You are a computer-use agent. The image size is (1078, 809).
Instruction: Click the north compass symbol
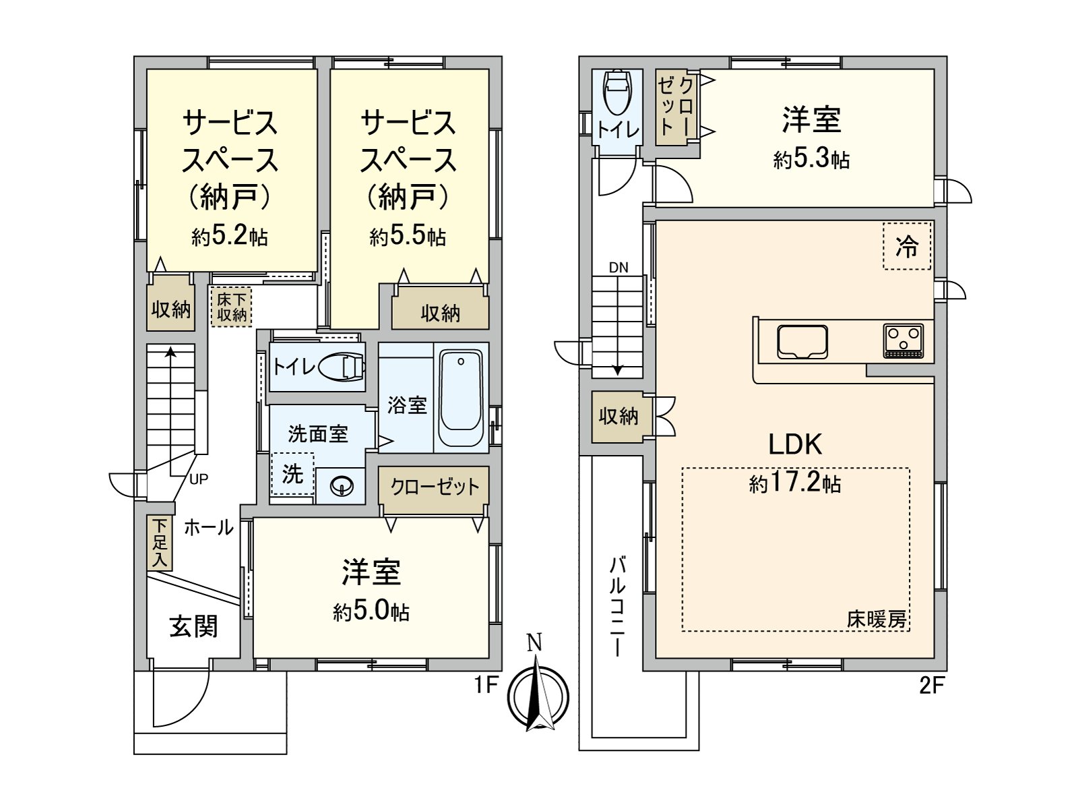537,694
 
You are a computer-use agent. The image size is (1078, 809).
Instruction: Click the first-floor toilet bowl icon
342,367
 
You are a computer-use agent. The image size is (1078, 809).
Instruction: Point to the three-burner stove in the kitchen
903,340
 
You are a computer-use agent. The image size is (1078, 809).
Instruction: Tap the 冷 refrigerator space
907,246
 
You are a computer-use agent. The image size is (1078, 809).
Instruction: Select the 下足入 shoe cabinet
160,543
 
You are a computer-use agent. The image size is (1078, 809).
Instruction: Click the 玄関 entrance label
193,626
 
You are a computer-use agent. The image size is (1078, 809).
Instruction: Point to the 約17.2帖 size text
795,483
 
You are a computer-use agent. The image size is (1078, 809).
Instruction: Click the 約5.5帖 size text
408,236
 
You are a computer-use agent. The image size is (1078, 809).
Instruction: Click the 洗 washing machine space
292,474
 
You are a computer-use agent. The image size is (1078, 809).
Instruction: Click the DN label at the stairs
619,268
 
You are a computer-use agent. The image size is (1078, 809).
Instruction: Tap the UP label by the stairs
199,479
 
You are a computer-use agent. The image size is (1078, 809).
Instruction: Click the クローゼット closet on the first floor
435,487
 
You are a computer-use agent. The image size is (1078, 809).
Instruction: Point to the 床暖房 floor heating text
876,620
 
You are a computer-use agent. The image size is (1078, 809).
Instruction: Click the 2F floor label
932,686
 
